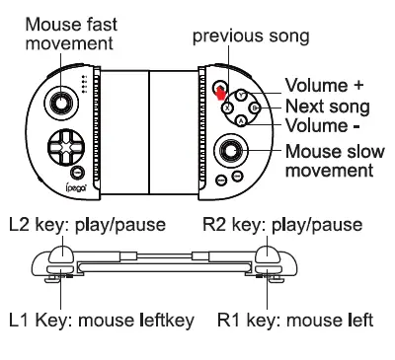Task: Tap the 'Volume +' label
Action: click(320, 85)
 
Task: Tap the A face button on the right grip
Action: click(241, 119)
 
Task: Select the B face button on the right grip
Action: click(254, 108)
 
